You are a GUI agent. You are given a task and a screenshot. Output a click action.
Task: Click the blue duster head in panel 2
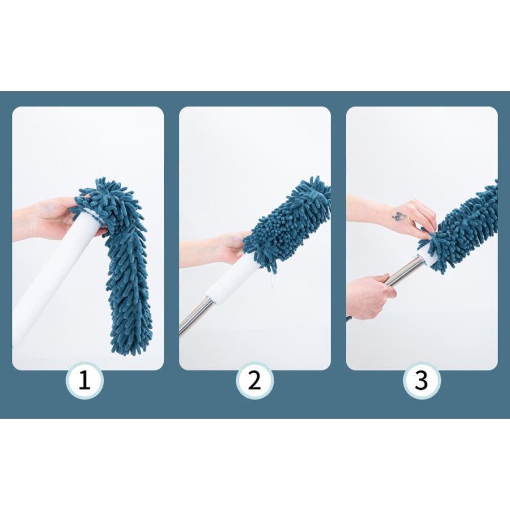(x=286, y=224)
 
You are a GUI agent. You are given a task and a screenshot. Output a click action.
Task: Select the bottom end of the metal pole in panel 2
(x=181, y=331)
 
